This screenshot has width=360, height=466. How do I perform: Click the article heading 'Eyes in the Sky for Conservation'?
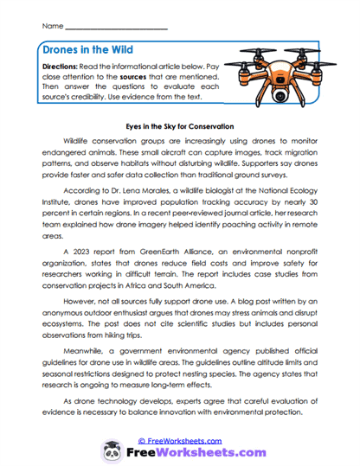179,126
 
